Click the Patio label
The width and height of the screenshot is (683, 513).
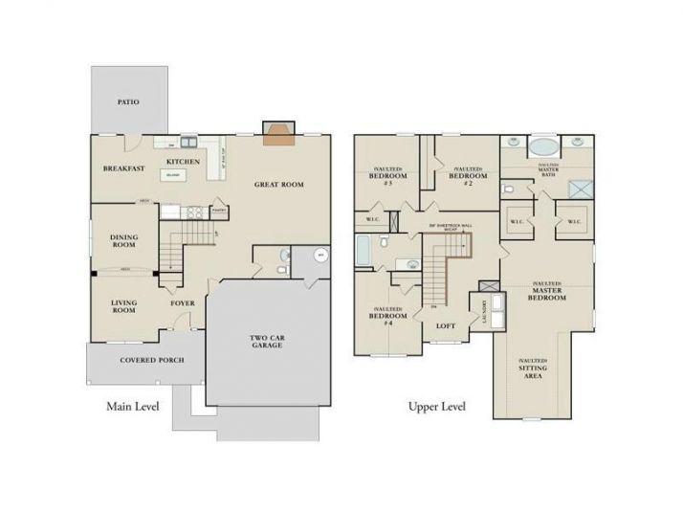click(x=128, y=100)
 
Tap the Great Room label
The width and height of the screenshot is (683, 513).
click(x=278, y=184)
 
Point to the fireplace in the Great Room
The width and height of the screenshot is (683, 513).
click(x=278, y=135)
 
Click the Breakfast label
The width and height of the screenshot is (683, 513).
click(x=123, y=168)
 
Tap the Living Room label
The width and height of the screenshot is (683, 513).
click(x=123, y=306)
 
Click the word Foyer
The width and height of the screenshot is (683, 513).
click(x=182, y=303)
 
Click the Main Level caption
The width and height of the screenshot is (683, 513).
click(x=132, y=406)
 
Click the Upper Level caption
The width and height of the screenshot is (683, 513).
click(x=436, y=406)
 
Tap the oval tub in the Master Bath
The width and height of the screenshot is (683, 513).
click(x=545, y=148)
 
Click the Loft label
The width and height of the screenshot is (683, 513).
click(x=446, y=325)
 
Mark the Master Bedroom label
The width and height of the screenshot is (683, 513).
click(x=546, y=291)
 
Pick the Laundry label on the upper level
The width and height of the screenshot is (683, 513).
click(x=482, y=311)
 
